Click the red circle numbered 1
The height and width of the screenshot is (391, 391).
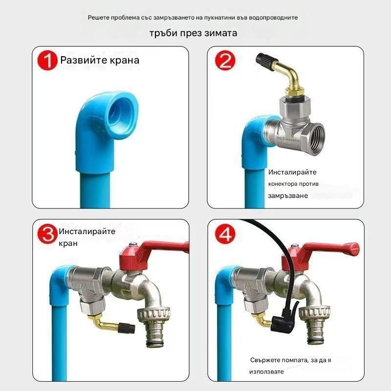coord(48,62)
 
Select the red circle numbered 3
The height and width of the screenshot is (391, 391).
coord(47,233)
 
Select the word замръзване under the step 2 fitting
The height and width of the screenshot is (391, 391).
coord(288,195)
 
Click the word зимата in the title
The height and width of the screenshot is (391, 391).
coord(219,34)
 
